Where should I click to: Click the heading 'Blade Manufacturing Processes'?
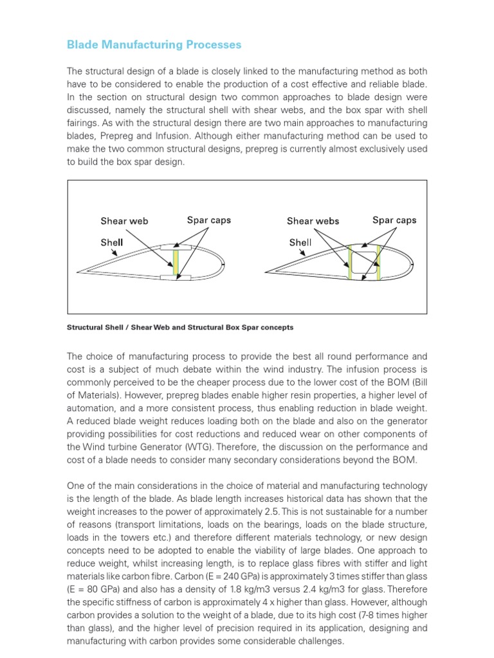(154, 44)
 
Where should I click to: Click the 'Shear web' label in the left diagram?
(124, 221)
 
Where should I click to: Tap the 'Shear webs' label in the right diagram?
(313, 221)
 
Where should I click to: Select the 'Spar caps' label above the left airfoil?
(208, 220)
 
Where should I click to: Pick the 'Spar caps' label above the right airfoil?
(394, 220)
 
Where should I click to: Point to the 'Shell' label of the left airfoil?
(112, 242)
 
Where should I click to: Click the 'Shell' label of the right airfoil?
(300, 242)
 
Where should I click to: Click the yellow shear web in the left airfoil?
(175, 262)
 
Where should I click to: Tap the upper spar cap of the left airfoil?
(176, 246)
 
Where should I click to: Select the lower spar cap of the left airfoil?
(176, 278)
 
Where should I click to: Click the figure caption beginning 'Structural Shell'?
(180, 327)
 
